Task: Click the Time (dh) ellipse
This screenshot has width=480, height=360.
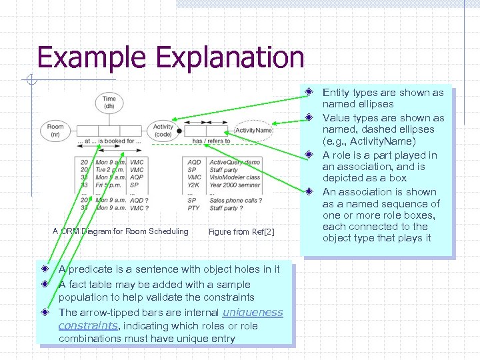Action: pyautogui.click(x=109, y=102)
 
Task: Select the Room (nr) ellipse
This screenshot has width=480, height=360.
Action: pyautogui.click(x=55, y=129)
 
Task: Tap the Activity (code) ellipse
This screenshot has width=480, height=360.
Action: pyautogui.click(x=163, y=130)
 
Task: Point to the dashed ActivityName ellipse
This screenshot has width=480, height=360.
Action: pyautogui.click(x=253, y=130)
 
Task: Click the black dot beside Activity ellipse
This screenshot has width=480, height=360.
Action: pyautogui.click(x=178, y=131)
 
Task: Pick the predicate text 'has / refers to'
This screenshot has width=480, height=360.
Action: pyautogui.click(x=211, y=141)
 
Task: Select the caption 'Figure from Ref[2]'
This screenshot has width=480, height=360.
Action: pyautogui.click(x=241, y=232)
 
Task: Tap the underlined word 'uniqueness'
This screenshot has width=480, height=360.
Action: pyautogui.click(x=252, y=312)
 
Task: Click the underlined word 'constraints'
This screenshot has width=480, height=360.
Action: pyautogui.click(x=87, y=326)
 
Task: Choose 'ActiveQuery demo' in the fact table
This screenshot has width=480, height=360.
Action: pyautogui.click(x=235, y=162)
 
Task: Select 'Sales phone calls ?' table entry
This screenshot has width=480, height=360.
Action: pyautogui.click(x=235, y=200)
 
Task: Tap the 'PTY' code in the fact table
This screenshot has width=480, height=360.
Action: pyautogui.click(x=193, y=208)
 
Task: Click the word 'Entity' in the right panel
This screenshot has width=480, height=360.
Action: pyautogui.click(x=335, y=93)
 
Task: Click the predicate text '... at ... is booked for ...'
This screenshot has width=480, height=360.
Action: pyautogui.click(x=109, y=141)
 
